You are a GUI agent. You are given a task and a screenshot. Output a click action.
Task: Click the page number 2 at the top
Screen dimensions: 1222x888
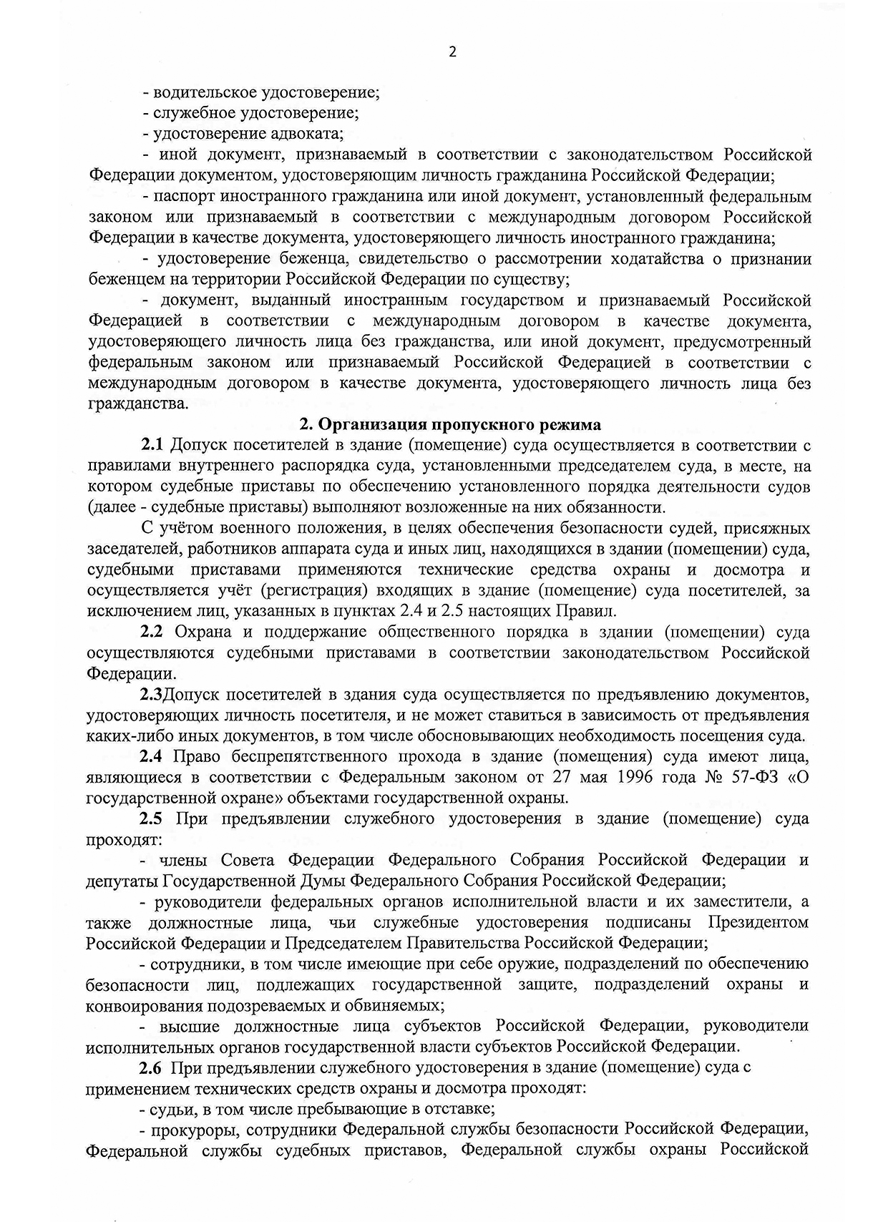point(452,52)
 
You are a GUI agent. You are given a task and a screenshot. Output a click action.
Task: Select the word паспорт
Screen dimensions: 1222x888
point(188,196)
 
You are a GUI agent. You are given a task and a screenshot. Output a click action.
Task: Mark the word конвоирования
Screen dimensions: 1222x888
point(144,1005)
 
